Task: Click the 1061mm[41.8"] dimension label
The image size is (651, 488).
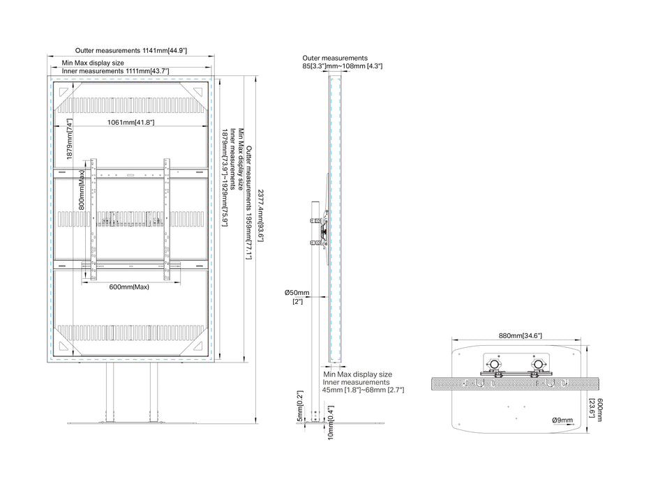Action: click(x=130, y=122)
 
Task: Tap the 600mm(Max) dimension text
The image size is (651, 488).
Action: click(x=129, y=287)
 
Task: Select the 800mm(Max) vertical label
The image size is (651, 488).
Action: click(x=82, y=190)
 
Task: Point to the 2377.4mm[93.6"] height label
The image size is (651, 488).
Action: click(x=260, y=215)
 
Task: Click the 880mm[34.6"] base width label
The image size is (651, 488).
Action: click(x=521, y=335)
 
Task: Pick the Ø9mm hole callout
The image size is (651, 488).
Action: click(x=562, y=420)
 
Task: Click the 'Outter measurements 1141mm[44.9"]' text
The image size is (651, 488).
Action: click(x=130, y=51)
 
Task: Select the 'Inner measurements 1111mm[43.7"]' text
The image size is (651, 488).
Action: click(x=115, y=71)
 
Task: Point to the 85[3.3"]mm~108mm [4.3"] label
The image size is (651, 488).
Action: click(x=343, y=66)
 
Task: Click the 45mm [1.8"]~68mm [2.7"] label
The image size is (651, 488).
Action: click(x=363, y=390)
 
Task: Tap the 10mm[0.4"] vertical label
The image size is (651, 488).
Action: click(x=331, y=422)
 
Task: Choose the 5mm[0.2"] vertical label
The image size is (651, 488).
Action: click(x=300, y=406)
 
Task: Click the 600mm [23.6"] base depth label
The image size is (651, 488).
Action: click(x=596, y=410)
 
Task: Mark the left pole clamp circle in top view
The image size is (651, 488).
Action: click(x=495, y=365)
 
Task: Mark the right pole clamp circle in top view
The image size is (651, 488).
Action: click(x=539, y=365)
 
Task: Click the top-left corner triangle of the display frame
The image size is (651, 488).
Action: click(x=63, y=92)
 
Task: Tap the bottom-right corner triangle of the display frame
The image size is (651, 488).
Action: click(x=197, y=346)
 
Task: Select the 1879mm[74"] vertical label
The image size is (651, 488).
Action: click(x=69, y=139)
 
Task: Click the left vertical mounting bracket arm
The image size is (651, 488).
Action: click(x=93, y=219)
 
